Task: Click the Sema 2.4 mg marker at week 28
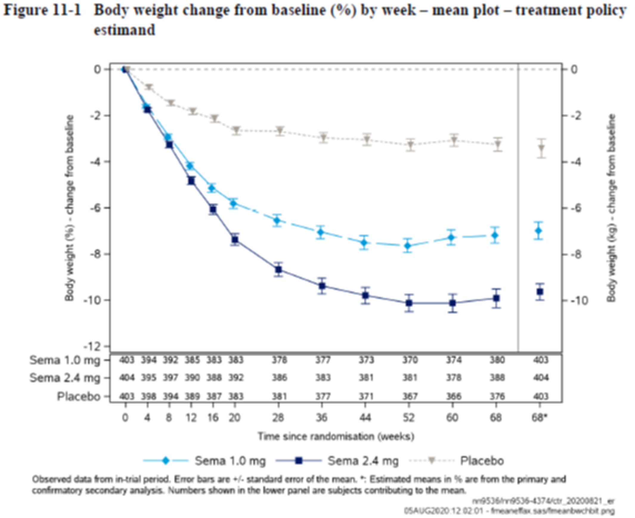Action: coord(278,270)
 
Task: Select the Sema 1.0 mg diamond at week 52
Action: coord(408,246)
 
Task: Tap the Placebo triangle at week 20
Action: coord(236,130)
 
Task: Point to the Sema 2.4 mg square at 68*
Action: coord(540,292)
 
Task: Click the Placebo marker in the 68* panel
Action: coord(541,148)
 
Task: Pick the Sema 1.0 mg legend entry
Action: coord(205,461)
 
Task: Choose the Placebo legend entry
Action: coord(457,461)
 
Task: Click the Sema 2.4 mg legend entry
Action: coord(337,461)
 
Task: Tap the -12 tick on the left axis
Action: coord(93,347)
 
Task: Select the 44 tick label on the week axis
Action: coord(365,418)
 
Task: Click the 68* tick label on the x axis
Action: coord(540,418)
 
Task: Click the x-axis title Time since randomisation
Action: coord(336,436)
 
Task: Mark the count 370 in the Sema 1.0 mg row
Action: coord(410,360)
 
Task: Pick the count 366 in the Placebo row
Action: coord(453,396)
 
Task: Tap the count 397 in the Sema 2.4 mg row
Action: coord(170,378)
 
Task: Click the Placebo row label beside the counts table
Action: coord(79,396)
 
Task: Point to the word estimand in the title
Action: coord(124,30)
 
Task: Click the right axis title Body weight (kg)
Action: coord(612,208)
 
